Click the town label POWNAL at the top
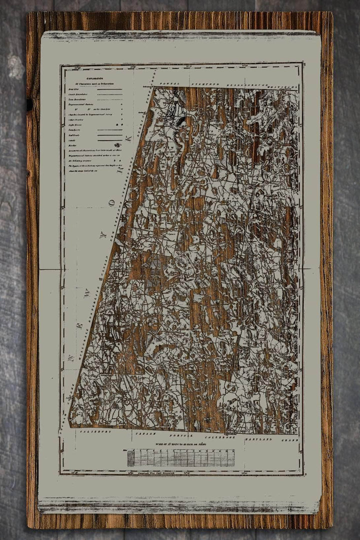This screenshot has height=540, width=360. pyautogui.click(x=170, y=84)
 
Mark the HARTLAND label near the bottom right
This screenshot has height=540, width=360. pyautogui.click(x=258, y=438)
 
